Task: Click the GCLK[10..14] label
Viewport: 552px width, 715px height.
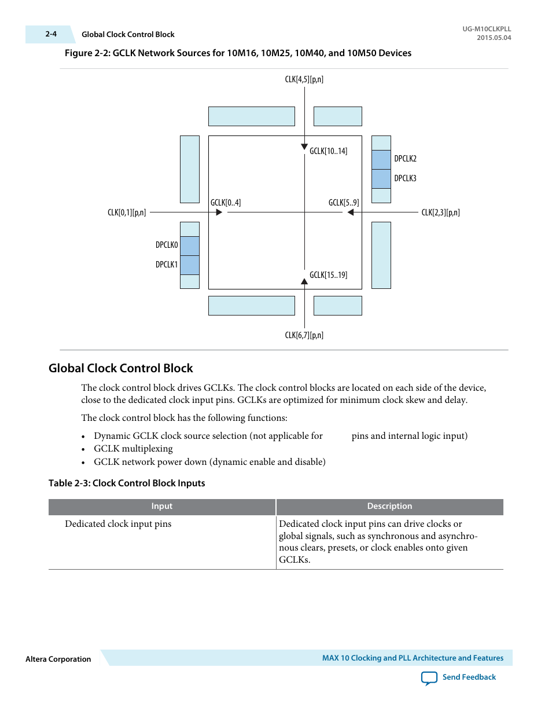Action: pos(328,151)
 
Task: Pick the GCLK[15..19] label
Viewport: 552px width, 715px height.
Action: pos(328,275)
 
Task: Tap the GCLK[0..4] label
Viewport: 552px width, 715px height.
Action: pos(226,203)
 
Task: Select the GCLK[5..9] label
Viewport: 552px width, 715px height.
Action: pos(344,203)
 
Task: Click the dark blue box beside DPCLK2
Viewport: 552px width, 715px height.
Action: pos(381,160)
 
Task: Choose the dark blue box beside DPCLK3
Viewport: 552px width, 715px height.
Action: pos(381,179)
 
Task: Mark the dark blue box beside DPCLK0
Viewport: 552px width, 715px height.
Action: pos(190,246)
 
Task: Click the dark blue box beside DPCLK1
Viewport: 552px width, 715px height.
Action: pos(190,265)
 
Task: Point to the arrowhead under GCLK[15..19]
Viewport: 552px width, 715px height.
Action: pos(304,282)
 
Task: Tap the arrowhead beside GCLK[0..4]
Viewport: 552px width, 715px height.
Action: pos(219,212)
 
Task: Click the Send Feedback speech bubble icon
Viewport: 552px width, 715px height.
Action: pos(429,678)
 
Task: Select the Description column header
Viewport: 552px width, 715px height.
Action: pos(389,507)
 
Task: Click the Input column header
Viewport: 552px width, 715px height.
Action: pos(162,507)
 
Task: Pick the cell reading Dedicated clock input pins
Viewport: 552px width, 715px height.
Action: pos(118,524)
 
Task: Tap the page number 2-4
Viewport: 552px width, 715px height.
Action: pos(51,34)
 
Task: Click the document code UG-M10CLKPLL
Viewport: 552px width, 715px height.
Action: pos(487,29)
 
